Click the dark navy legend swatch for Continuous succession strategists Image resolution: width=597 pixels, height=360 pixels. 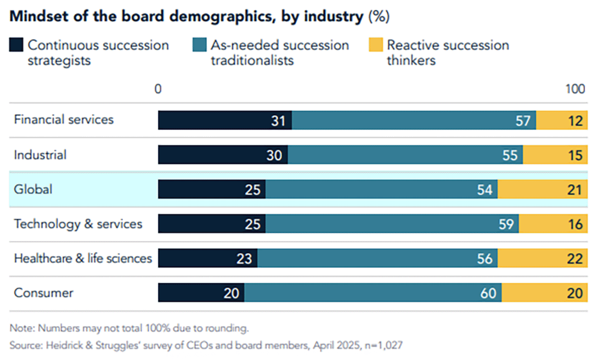[16, 46]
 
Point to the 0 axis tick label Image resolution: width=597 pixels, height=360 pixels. [158, 89]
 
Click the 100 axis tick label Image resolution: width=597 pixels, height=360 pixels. [575, 89]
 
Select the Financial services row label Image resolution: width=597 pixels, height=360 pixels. [64, 120]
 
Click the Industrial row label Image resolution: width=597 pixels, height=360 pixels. [40, 155]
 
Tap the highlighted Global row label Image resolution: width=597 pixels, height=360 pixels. [33, 189]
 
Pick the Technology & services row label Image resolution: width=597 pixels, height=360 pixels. [78, 224]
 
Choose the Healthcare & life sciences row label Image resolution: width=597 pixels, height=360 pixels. [83, 258]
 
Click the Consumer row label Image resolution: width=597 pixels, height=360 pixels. [43, 293]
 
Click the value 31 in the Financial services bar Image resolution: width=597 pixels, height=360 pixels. [278, 121]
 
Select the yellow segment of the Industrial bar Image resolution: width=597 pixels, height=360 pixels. [554, 155]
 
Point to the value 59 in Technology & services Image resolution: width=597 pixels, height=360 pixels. [506, 224]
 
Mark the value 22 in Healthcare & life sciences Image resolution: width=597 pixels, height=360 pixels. [575, 259]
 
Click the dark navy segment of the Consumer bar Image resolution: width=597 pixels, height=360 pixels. [201, 293]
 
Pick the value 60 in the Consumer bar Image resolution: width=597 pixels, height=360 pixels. [488, 294]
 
